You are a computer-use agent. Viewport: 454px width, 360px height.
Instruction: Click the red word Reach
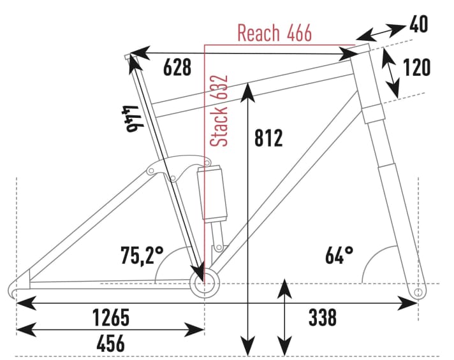tap(258, 32)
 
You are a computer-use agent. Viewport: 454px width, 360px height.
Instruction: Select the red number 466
tap(300, 32)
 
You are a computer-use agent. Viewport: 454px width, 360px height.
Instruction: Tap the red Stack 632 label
tap(219, 111)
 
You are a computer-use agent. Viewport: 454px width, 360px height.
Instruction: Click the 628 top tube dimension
tap(177, 68)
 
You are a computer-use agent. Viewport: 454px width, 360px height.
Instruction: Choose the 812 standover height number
tap(268, 138)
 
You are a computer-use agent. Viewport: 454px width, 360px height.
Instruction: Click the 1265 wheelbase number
tap(111, 317)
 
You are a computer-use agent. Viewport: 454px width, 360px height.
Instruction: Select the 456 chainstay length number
tap(110, 343)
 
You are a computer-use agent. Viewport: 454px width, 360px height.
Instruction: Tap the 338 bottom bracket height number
tap(323, 317)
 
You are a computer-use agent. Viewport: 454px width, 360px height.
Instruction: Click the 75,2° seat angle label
tap(142, 256)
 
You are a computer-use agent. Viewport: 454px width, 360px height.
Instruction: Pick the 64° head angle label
tap(339, 256)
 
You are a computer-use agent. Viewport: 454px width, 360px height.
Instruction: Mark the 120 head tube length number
tap(417, 68)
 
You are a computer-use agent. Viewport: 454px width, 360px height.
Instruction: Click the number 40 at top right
tap(418, 24)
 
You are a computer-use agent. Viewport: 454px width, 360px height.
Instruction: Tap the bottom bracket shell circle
tap(204, 283)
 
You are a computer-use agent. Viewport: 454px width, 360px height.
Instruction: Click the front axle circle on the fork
tap(418, 292)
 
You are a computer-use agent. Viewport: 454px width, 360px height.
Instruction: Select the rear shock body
tap(212, 194)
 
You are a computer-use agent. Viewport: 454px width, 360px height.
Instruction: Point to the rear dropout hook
tap(15, 290)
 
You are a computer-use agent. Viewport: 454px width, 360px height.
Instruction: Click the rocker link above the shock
tap(178, 168)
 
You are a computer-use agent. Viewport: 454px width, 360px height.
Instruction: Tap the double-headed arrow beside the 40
tap(381, 32)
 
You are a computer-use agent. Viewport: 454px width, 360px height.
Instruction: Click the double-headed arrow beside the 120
tap(391, 73)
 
